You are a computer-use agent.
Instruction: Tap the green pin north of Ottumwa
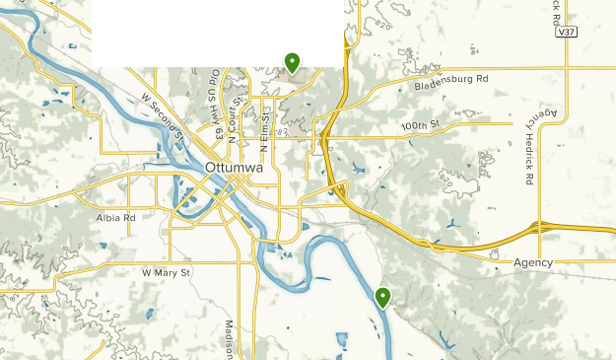[x=292, y=63]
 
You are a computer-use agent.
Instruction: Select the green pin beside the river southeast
[x=382, y=296]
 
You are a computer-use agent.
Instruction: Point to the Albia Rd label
[x=114, y=217]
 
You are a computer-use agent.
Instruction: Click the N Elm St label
[x=264, y=129]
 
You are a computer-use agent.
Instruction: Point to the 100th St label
[x=419, y=125]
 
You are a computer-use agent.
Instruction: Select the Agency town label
[x=533, y=262]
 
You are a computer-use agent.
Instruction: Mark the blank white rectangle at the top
[x=217, y=33]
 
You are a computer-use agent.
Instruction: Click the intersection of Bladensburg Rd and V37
[x=566, y=68]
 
